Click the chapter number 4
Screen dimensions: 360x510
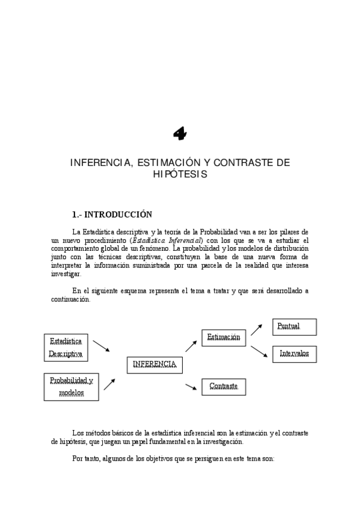pyautogui.click(x=179, y=135)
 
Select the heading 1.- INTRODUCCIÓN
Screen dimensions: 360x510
pyautogui.click(x=111, y=214)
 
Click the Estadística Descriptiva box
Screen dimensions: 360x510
pyautogui.click(x=66, y=347)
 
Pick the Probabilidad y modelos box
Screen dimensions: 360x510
pyautogui.click(x=71, y=387)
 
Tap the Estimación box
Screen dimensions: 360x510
pyautogui.click(x=224, y=337)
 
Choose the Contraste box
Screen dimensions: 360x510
pyautogui.click(x=224, y=386)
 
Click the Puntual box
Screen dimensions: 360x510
pyautogui.click(x=294, y=327)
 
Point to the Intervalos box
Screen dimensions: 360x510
pyautogui.click(x=294, y=354)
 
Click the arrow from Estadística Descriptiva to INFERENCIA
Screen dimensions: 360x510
pyautogui.click(x=102, y=346)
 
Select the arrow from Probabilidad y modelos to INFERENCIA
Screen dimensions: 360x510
pyautogui.click(x=109, y=384)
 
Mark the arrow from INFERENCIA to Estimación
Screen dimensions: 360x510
pyautogui.click(x=191, y=345)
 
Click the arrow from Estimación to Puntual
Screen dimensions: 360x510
pyautogui.click(x=257, y=328)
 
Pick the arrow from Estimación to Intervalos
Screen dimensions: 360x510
pyautogui.click(x=258, y=352)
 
